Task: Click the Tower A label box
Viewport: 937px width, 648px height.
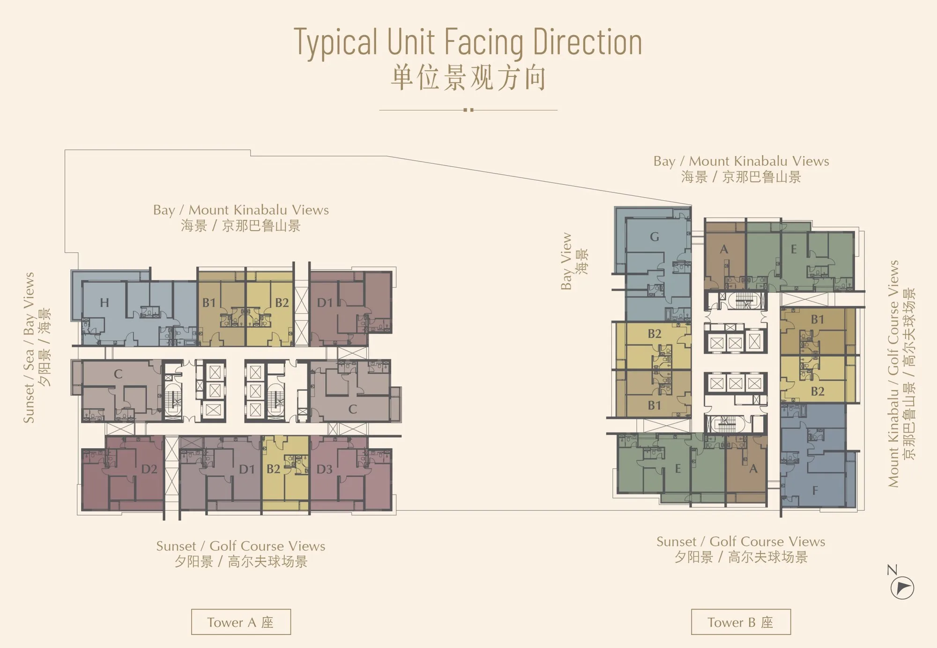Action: point(241,622)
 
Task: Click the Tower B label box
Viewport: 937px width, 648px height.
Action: point(741,622)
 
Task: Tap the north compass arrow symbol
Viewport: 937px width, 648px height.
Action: point(902,588)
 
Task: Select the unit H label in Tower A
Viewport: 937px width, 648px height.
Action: point(104,303)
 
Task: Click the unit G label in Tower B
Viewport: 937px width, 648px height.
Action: point(654,237)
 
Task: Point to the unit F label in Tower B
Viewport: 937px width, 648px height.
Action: point(815,490)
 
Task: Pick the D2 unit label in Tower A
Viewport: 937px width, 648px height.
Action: point(149,469)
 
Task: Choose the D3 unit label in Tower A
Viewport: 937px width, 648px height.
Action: point(324,469)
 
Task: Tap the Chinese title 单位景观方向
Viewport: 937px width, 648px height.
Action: point(468,78)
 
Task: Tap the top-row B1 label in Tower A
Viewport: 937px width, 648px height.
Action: point(209,303)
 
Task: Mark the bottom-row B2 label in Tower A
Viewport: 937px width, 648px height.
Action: point(273,469)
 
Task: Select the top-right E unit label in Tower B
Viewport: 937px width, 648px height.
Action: point(794,249)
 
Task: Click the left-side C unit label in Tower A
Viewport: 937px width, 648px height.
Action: point(118,374)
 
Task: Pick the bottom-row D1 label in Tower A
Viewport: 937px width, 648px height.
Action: point(247,469)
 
